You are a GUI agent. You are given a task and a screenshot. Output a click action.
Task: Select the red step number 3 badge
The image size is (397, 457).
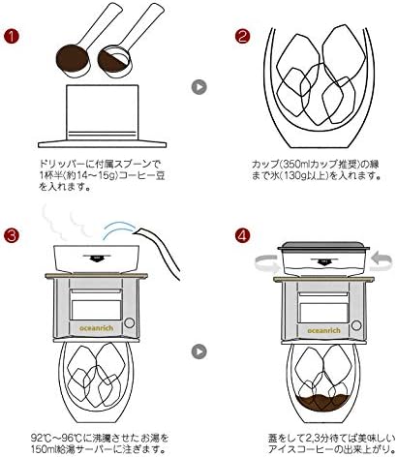click(x=12, y=235)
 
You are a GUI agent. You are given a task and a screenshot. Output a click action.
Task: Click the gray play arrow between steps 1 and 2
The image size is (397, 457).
click(x=198, y=86)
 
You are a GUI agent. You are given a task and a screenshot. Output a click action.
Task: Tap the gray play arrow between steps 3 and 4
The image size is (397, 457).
click(x=198, y=348)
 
